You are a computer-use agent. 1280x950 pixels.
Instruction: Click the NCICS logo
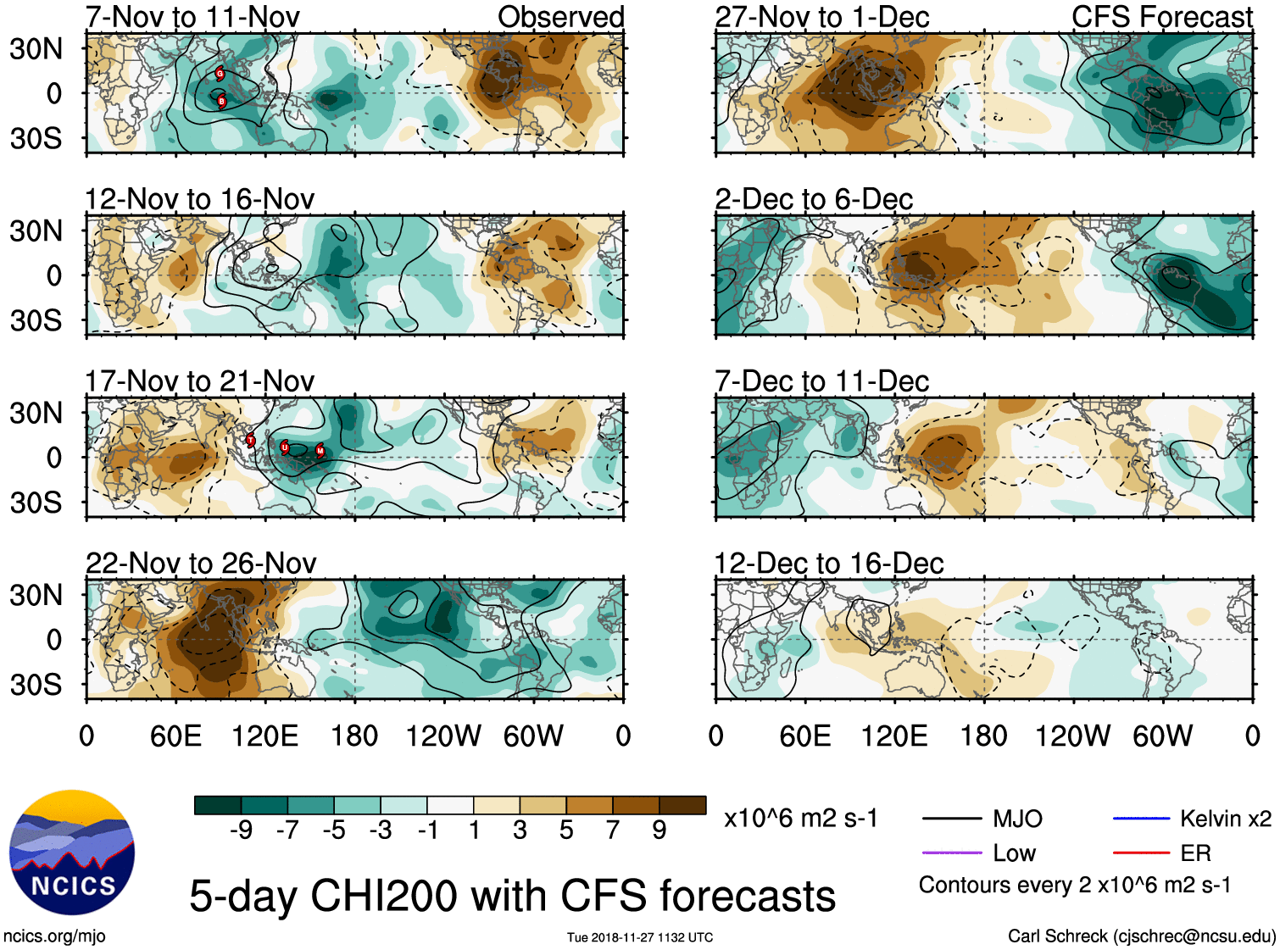click(71, 853)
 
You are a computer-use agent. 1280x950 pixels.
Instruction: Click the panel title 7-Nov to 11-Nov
click(192, 17)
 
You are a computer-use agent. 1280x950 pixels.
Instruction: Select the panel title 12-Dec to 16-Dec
click(828, 564)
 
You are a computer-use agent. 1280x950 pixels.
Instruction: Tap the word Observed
click(560, 17)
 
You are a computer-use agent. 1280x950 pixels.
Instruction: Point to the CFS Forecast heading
click(1161, 17)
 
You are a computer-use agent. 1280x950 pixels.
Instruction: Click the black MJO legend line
click(952, 819)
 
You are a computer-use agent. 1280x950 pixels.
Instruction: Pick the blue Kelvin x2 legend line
click(1141, 819)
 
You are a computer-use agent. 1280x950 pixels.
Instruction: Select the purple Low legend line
click(952, 853)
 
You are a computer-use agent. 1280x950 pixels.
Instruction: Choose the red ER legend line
click(1141, 853)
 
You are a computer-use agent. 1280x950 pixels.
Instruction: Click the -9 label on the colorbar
click(241, 831)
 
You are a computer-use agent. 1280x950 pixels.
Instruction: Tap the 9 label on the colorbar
click(659, 831)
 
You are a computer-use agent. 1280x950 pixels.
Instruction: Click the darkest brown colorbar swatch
click(682, 805)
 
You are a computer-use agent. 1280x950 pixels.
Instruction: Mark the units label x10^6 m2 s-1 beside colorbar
click(800, 819)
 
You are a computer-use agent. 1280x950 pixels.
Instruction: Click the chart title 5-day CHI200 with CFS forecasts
click(512, 896)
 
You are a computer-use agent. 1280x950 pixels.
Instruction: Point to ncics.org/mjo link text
click(54, 936)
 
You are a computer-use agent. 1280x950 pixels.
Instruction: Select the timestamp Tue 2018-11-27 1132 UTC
click(640, 937)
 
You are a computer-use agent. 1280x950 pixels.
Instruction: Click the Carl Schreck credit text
click(1141, 936)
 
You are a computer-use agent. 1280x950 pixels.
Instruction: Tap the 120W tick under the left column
click(443, 736)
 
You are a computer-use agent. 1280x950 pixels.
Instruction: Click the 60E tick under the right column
click(804, 736)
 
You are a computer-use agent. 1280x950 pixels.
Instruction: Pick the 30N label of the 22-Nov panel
click(36, 595)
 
